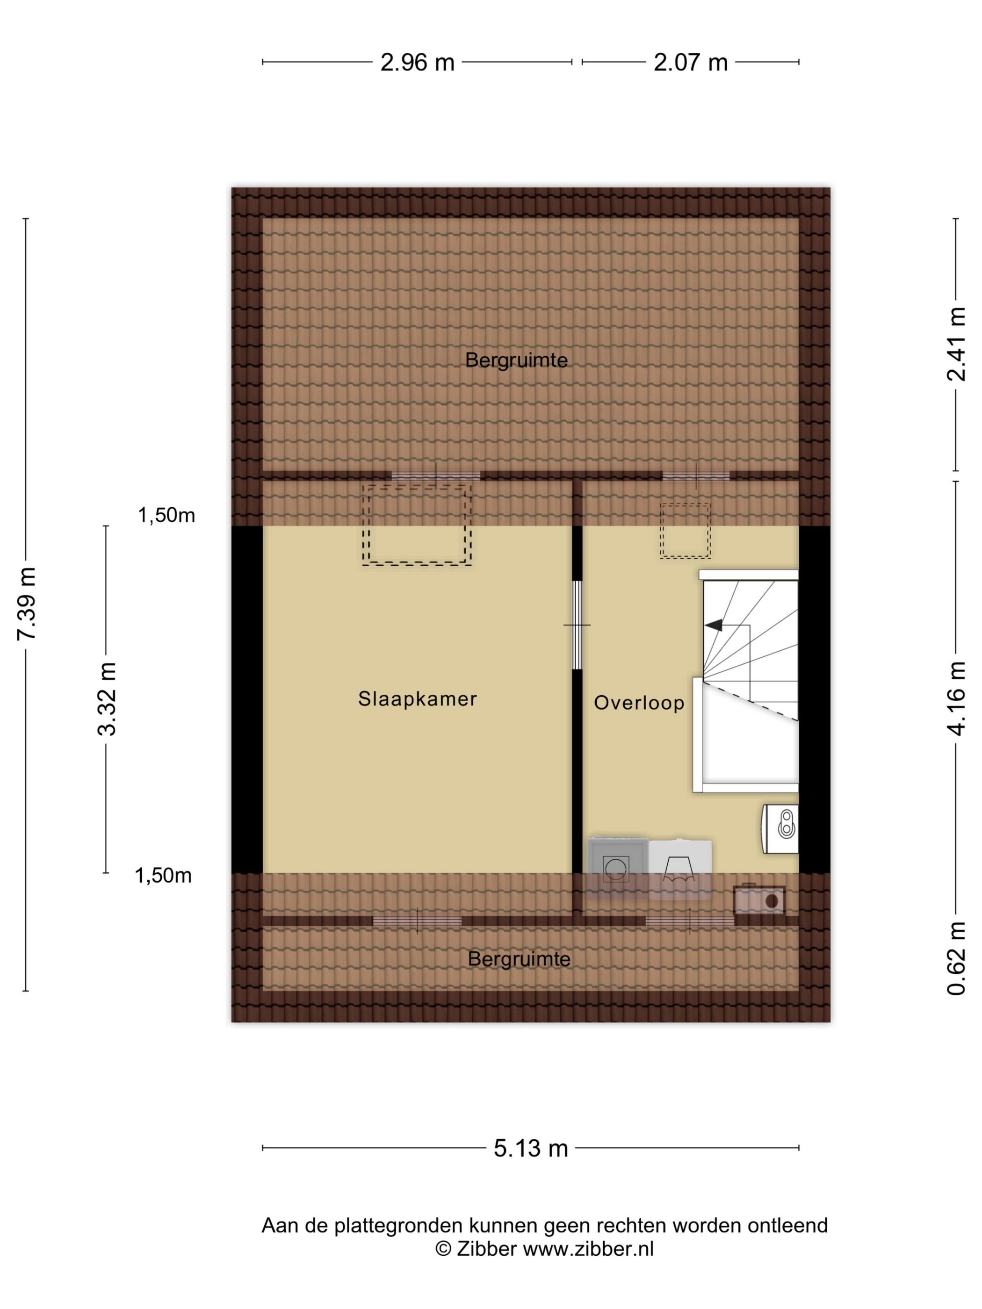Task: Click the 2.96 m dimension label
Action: click(417, 62)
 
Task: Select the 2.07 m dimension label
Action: click(690, 62)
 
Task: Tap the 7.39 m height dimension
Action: click(27, 604)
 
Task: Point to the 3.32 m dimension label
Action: click(107, 699)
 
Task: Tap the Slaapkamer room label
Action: click(417, 699)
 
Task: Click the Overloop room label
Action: click(639, 703)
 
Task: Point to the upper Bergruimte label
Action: click(516, 360)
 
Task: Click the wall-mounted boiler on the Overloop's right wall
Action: click(780, 828)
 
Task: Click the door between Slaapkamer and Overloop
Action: click(577, 625)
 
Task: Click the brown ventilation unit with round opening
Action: click(759, 901)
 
